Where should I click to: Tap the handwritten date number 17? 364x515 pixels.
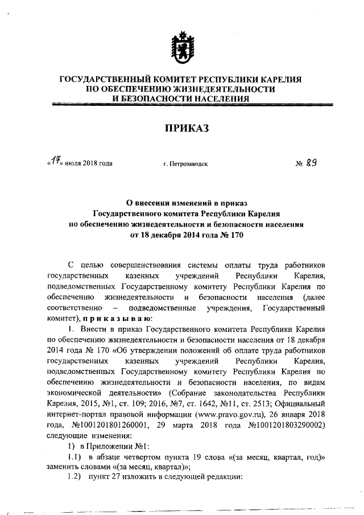pos(56,163)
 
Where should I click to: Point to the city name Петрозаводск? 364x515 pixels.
pos(185,164)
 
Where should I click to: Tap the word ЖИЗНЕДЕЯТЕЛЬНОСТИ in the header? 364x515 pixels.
pos(220,89)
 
